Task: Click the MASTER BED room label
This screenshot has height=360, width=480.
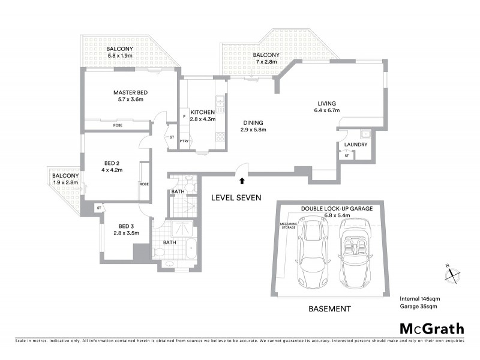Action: [130, 92]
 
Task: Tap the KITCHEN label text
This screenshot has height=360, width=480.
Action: [203, 112]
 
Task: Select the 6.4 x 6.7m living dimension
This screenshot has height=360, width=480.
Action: [326, 110]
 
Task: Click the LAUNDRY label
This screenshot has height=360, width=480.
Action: [356, 145]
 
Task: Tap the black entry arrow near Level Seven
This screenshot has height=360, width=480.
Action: [241, 179]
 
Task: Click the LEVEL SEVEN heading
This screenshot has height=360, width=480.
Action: [236, 197]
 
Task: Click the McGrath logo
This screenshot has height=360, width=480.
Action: [431, 328]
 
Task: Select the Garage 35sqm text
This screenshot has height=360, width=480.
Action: [419, 306]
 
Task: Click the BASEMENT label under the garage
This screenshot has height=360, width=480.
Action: [329, 309]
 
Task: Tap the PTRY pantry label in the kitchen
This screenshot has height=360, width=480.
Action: [184, 142]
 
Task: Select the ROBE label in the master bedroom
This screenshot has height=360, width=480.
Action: [118, 125]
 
